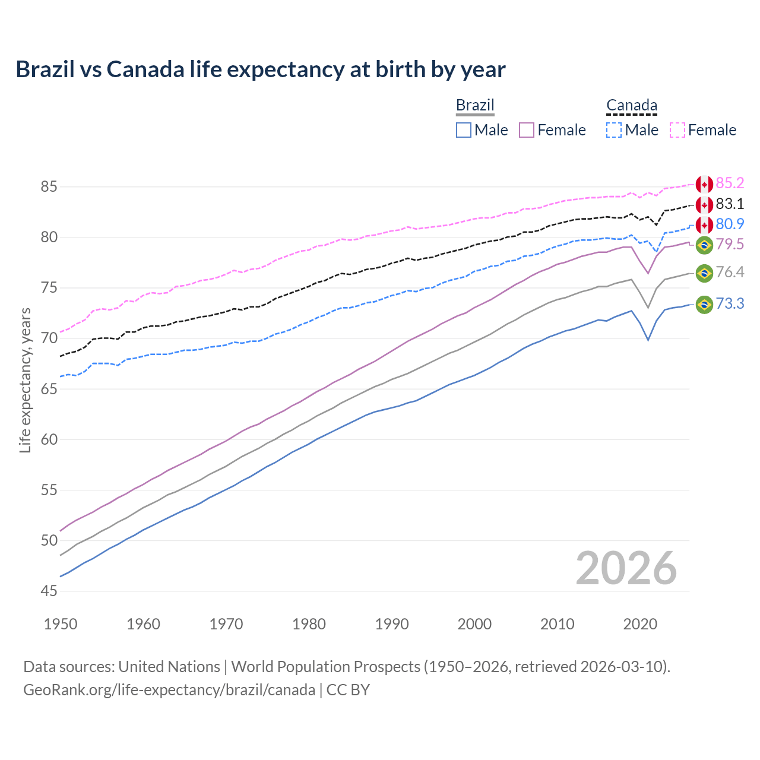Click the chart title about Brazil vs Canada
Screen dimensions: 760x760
click(x=261, y=69)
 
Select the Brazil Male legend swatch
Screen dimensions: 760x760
click(x=464, y=130)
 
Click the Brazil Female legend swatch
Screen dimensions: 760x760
click(x=527, y=130)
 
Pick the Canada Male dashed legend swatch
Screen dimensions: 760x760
click(x=614, y=130)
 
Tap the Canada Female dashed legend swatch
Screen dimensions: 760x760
click(x=677, y=130)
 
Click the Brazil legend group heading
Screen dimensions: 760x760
click(x=475, y=105)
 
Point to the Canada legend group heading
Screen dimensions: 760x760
click(x=631, y=106)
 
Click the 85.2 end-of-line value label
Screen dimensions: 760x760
click(x=730, y=183)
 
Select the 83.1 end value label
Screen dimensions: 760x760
click(x=730, y=204)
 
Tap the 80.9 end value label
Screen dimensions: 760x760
click(x=730, y=224)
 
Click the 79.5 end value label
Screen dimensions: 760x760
click(x=730, y=245)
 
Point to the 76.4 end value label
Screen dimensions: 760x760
click(x=730, y=273)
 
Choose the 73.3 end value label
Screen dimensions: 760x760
click(x=730, y=304)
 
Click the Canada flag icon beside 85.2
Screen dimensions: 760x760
click(x=704, y=184)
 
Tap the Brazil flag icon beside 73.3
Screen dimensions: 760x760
click(x=704, y=305)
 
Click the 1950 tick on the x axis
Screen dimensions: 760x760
click(x=61, y=624)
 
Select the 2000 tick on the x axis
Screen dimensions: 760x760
click(x=474, y=624)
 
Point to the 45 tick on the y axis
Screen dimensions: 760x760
click(x=49, y=591)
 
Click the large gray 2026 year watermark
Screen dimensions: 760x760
click(x=626, y=568)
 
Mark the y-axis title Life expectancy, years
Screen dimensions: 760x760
click(x=26, y=380)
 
